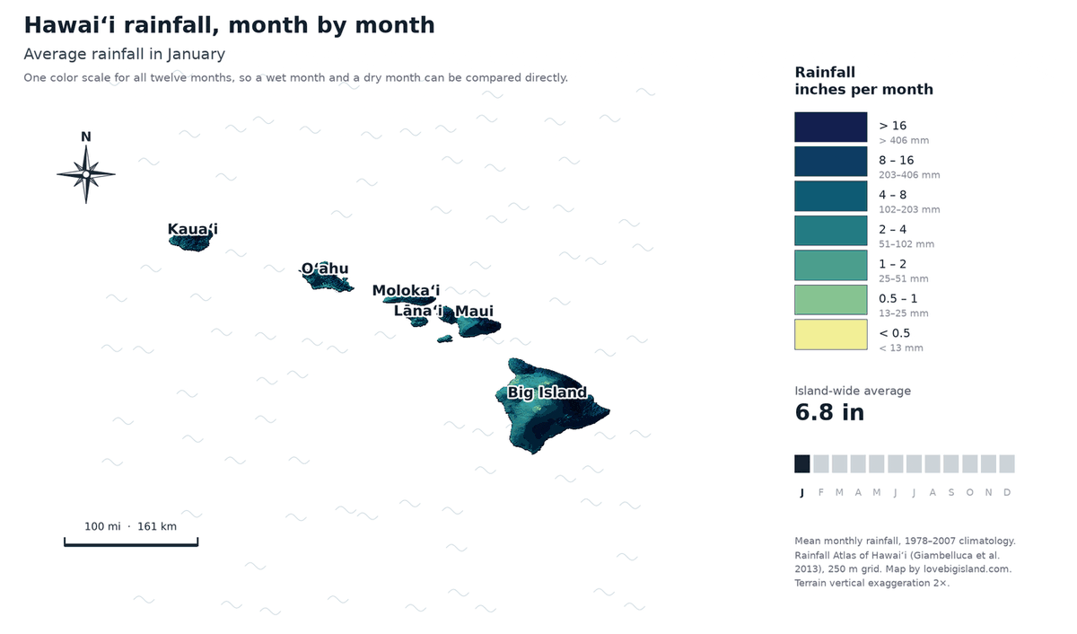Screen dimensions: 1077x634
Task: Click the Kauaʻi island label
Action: [x=192, y=229]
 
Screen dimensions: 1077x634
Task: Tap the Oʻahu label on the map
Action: [x=325, y=269]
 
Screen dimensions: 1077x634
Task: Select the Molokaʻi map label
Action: [x=406, y=291]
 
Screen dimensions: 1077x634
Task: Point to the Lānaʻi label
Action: [x=418, y=311]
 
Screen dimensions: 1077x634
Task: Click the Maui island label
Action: [x=474, y=312]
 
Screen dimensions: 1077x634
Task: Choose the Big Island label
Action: [x=547, y=392]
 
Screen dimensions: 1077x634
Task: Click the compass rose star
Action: [x=86, y=174]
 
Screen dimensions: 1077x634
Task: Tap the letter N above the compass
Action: [x=86, y=137]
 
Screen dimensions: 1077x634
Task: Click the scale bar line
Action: [x=131, y=544]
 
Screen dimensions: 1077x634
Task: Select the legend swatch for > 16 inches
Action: [x=831, y=127]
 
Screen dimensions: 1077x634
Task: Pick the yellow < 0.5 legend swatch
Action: [x=831, y=335]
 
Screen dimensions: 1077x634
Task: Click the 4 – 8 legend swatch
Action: [x=831, y=197]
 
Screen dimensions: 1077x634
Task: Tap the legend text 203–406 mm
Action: [x=909, y=175]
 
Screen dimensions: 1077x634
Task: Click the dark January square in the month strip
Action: [x=802, y=464]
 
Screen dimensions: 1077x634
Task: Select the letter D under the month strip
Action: [x=1007, y=493]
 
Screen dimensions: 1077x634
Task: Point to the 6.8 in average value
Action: [x=829, y=412]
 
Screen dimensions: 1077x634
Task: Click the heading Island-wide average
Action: [x=853, y=391]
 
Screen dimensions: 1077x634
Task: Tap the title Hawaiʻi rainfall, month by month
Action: [x=230, y=25]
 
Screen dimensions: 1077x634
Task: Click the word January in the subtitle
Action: [x=197, y=54]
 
